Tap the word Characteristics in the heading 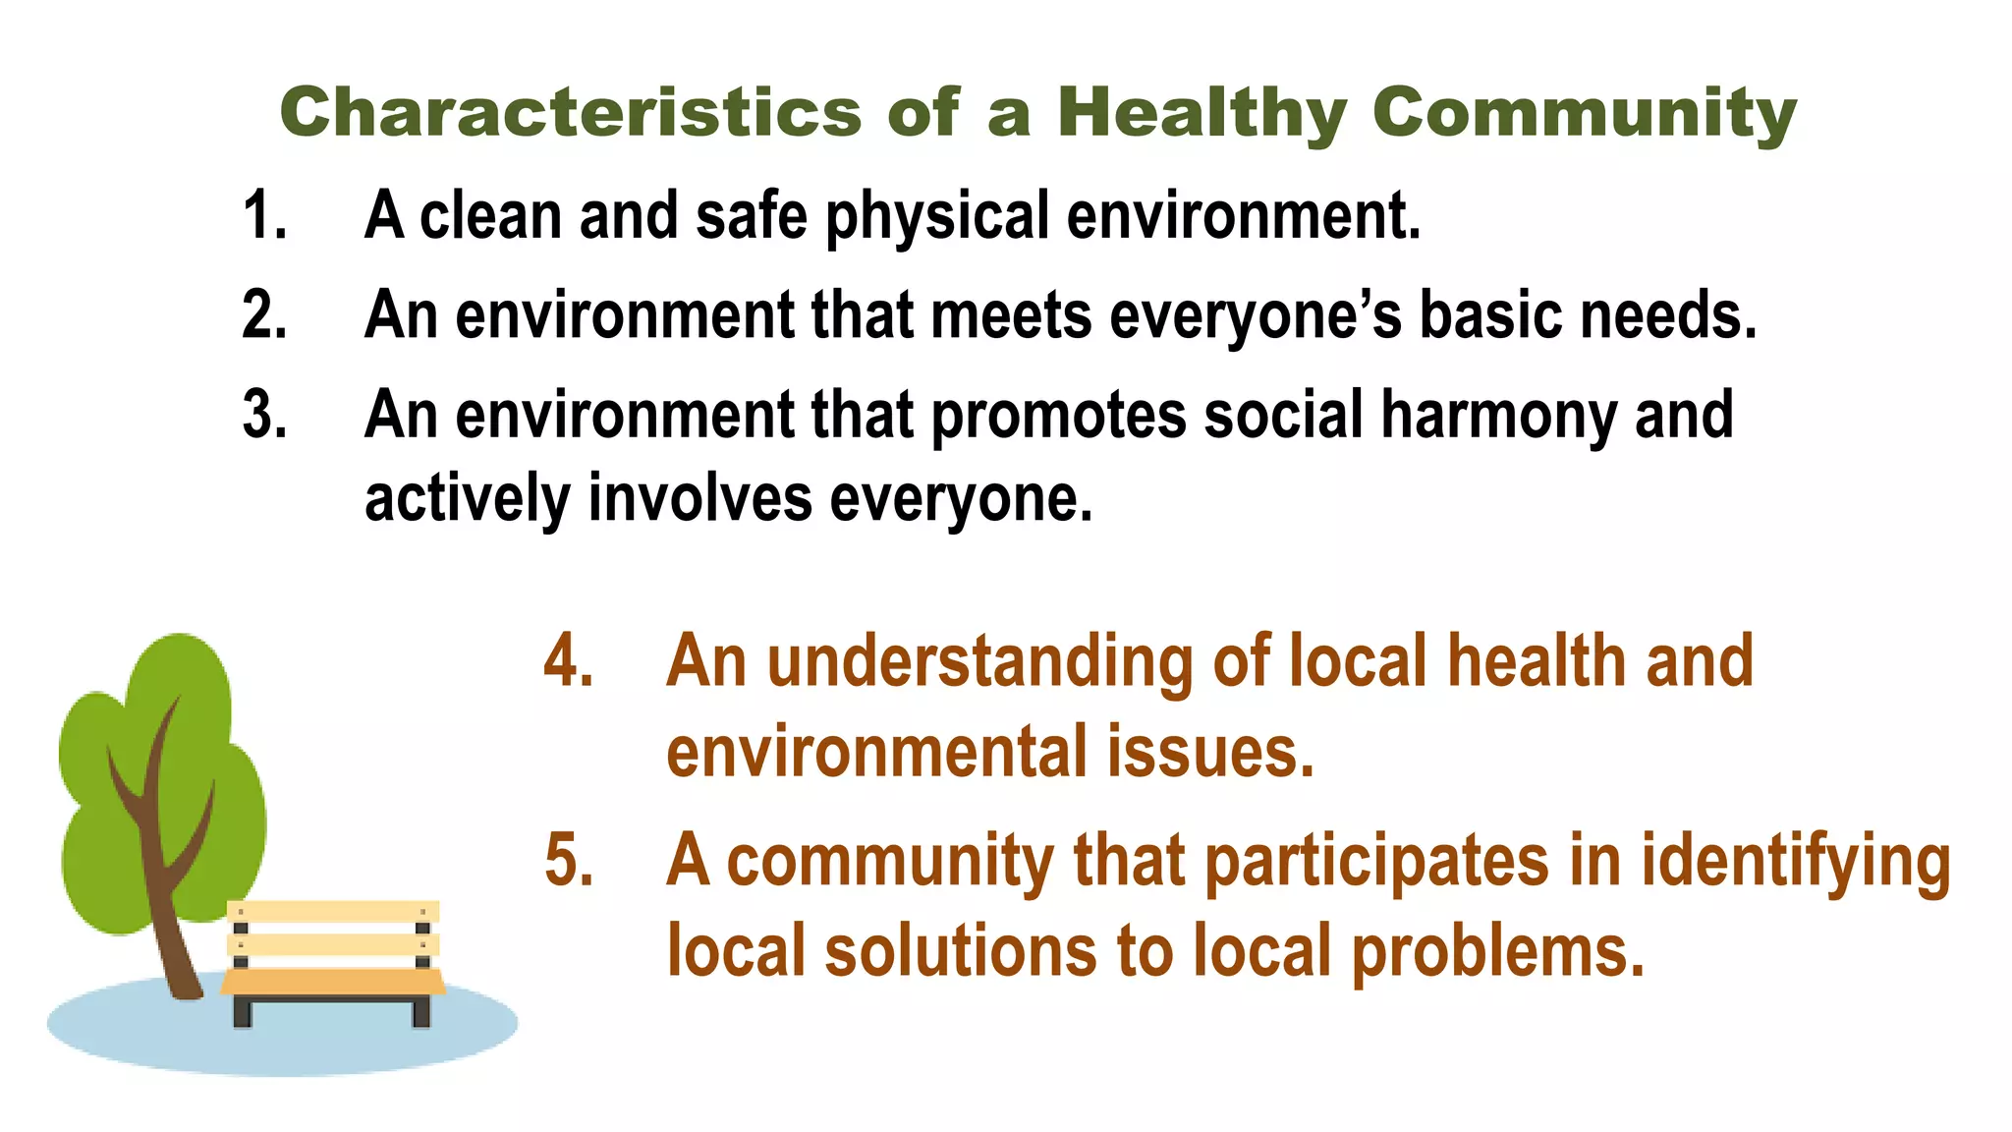[x=571, y=113]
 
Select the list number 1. [x=263, y=215]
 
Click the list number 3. [x=264, y=415]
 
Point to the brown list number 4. [x=569, y=660]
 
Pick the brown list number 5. [x=569, y=861]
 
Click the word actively [x=468, y=498]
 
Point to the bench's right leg [x=421, y=1010]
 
